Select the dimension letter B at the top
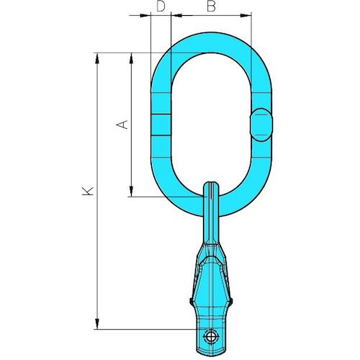210,6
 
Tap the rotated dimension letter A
123,124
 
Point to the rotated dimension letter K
87,191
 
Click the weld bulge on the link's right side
261,125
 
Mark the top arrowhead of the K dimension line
97,57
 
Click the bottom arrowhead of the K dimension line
97,325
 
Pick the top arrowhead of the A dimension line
131,57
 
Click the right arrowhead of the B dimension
248,15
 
